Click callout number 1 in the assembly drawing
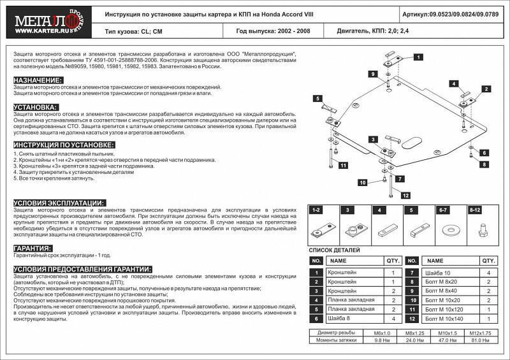418,57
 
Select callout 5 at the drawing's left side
316,97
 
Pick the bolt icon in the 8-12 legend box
483,228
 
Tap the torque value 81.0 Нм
482,340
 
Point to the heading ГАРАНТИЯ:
33,248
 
